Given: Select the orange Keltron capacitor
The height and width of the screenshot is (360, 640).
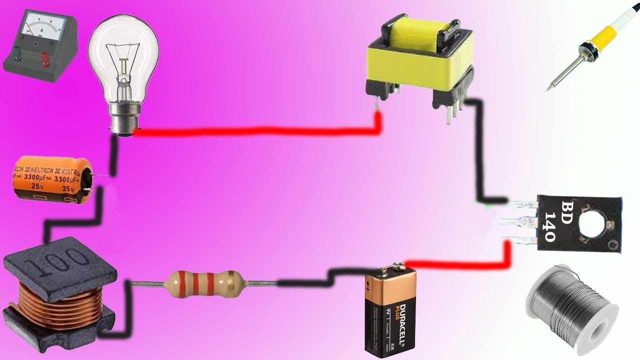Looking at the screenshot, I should (50, 177).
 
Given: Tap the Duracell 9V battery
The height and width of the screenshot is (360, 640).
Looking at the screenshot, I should (389, 312).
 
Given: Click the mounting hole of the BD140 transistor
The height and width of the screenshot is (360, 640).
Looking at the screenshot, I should (592, 223).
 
